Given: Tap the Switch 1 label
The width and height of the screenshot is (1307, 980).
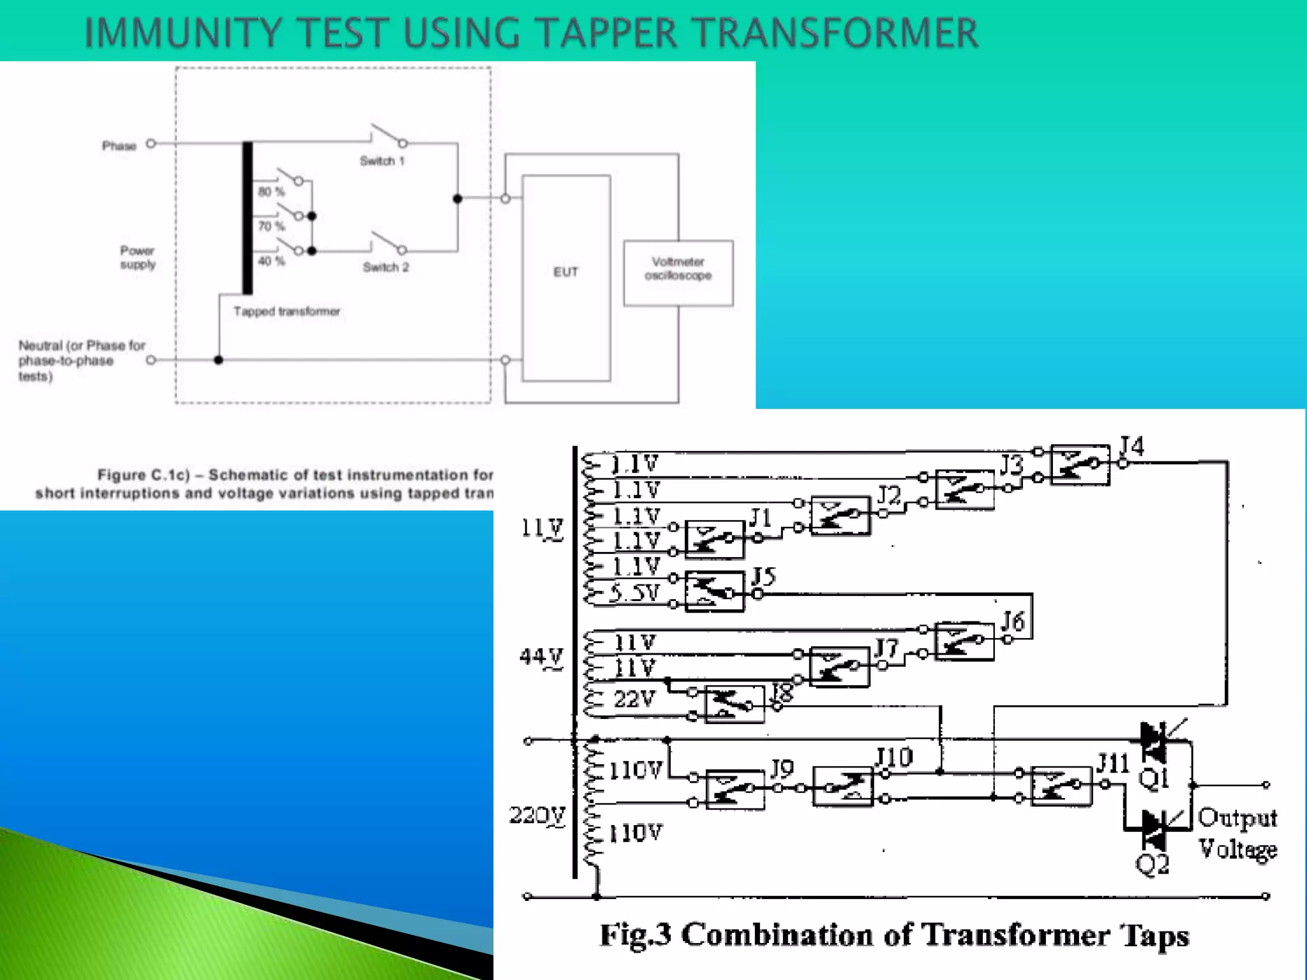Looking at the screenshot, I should point(382,161).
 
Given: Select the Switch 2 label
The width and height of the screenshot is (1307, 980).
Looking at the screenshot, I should point(385,267).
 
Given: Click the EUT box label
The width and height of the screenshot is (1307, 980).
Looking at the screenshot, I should point(565,272).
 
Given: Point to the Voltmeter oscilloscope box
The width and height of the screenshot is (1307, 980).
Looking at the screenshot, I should point(678,272).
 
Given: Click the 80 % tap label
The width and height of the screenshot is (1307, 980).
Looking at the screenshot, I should point(271,192).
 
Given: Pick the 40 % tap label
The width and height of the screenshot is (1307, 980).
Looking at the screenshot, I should point(271,261).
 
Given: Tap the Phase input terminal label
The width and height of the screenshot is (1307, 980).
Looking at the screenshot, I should point(119,146).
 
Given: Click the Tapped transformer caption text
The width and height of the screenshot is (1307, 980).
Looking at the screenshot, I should point(287,311).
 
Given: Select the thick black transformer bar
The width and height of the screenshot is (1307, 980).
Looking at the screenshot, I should point(247,218).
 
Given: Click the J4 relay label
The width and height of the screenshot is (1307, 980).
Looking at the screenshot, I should point(1131,445).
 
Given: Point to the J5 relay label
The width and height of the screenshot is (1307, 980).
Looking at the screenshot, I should point(763,577).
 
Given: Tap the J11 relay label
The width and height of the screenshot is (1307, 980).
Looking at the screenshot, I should point(1113,763).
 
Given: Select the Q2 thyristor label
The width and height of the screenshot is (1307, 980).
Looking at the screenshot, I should point(1152,865).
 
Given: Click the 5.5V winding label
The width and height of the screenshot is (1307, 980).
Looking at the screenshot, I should point(633,593).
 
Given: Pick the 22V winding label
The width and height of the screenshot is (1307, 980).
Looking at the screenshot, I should point(634,699).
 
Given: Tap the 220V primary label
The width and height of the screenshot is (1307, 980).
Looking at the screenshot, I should point(537,815).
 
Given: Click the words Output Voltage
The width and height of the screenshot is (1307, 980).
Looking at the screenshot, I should point(1237,833).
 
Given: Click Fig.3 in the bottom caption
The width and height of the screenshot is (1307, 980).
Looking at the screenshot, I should point(635,935).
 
